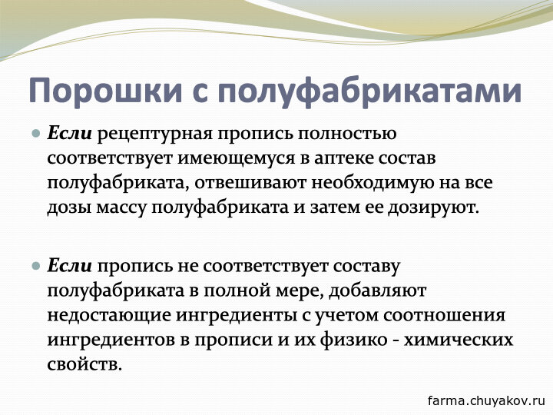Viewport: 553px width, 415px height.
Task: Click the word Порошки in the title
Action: (x=105, y=91)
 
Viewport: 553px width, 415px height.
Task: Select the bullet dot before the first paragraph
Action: (x=36, y=134)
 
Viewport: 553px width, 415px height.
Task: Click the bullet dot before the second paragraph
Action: (x=36, y=266)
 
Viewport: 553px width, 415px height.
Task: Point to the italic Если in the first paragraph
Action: (x=69, y=134)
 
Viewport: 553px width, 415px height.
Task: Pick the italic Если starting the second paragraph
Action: (x=69, y=266)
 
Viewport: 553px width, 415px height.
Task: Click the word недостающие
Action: (x=109, y=316)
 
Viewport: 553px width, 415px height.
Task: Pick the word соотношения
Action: (x=445, y=315)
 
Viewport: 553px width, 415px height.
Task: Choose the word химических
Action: (x=458, y=340)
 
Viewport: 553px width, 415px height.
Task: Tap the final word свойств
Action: (x=84, y=364)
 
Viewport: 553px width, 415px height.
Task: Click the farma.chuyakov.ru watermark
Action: (x=486, y=400)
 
